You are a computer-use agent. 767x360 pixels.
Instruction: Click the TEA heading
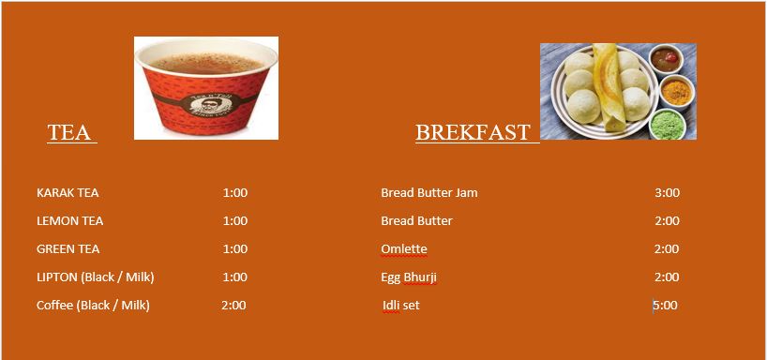69,132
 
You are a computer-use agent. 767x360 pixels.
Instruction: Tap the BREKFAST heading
473,132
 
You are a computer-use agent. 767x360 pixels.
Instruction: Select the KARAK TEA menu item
68,193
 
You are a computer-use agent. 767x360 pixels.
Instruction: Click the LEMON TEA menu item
70,221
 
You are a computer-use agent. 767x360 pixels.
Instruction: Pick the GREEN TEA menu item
68,249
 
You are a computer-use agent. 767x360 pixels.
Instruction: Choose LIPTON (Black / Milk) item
96,277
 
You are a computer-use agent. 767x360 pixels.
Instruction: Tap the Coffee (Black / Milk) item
93,306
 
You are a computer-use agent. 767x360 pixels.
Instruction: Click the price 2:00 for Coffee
233,306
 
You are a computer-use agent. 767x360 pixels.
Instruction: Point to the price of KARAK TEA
235,193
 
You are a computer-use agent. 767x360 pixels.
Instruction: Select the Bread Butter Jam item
429,193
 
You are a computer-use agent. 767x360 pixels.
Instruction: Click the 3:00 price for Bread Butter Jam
668,193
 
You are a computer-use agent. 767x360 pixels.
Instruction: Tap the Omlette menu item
404,249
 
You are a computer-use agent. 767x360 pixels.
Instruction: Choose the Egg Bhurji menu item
409,277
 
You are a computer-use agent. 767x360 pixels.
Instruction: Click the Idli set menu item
401,306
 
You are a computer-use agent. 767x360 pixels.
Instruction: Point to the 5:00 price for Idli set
666,306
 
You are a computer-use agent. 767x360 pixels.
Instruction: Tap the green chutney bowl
668,125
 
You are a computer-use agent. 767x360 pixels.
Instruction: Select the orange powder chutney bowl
677,91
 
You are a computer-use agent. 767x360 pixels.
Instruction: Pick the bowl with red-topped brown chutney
665,59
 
